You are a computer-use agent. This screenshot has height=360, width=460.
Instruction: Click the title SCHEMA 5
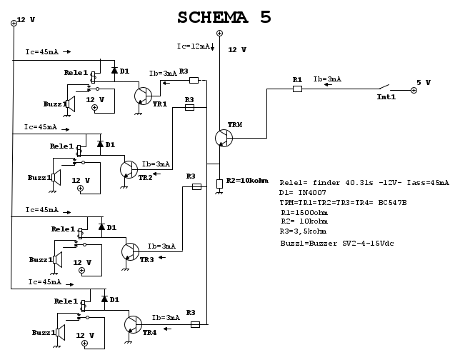point(224,17)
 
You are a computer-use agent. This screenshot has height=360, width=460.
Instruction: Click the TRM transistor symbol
point(224,138)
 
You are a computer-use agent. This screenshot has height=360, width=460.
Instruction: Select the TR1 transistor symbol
point(144,96)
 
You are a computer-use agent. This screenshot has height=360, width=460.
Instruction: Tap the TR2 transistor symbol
point(129,169)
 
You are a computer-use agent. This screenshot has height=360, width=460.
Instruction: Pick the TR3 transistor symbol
point(130,251)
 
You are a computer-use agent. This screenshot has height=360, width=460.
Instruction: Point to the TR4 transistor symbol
point(133,324)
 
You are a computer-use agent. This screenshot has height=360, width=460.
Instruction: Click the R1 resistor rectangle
point(297,89)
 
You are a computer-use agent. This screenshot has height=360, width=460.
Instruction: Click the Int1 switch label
point(386,96)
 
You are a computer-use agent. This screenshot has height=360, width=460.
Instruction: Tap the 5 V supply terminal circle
point(414,90)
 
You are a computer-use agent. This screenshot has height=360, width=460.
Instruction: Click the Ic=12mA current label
point(194,46)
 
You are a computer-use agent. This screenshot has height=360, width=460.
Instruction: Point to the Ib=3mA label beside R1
point(327,79)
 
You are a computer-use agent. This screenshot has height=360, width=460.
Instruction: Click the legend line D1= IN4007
point(304,192)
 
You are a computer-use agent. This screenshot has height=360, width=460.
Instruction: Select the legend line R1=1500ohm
point(305,212)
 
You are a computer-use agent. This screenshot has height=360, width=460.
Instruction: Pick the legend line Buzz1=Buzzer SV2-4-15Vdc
point(337,244)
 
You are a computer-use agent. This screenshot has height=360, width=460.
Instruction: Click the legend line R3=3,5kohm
point(304,231)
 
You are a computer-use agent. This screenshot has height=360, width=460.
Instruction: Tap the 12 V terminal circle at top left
point(14,23)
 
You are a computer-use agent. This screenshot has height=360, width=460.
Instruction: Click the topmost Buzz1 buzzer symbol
point(71,104)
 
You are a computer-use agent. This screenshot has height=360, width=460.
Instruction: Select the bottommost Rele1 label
point(66,301)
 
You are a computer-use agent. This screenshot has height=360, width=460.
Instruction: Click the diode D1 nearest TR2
point(101,145)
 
